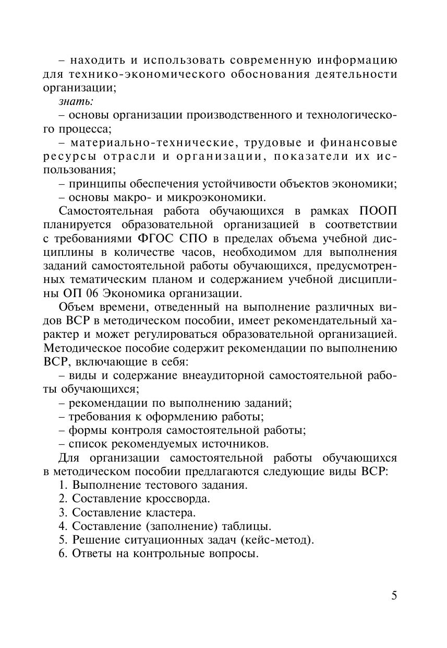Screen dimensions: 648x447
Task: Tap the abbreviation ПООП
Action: [378, 211]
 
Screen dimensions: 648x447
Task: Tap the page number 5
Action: [394, 596]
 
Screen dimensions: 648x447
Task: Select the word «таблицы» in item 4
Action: [247, 526]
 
